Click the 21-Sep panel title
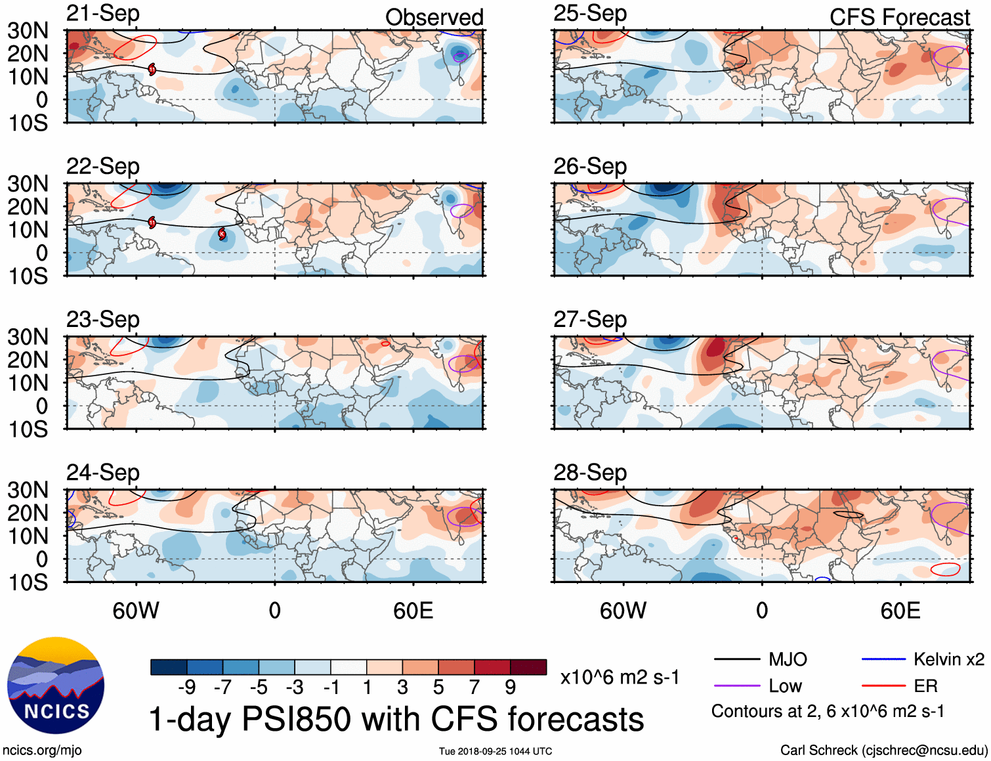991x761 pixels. point(103,13)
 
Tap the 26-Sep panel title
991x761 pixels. point(590,166)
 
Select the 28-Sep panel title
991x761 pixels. point(590,472)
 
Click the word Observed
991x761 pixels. point(434,17)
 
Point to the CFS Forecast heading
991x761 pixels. point(899,17)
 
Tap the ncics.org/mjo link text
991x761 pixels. point(42,750)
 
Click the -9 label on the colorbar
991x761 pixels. point(186,687)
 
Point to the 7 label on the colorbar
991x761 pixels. point(474,687)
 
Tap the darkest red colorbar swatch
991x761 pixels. point(528,667)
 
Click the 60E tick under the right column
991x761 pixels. point(900,611)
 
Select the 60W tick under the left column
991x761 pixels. point(136,611)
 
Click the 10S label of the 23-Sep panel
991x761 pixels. point(28,429)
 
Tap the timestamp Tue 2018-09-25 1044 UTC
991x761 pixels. point(496,751)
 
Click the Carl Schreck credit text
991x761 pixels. point(883,750)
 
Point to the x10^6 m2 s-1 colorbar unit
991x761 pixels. point(620,677)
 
